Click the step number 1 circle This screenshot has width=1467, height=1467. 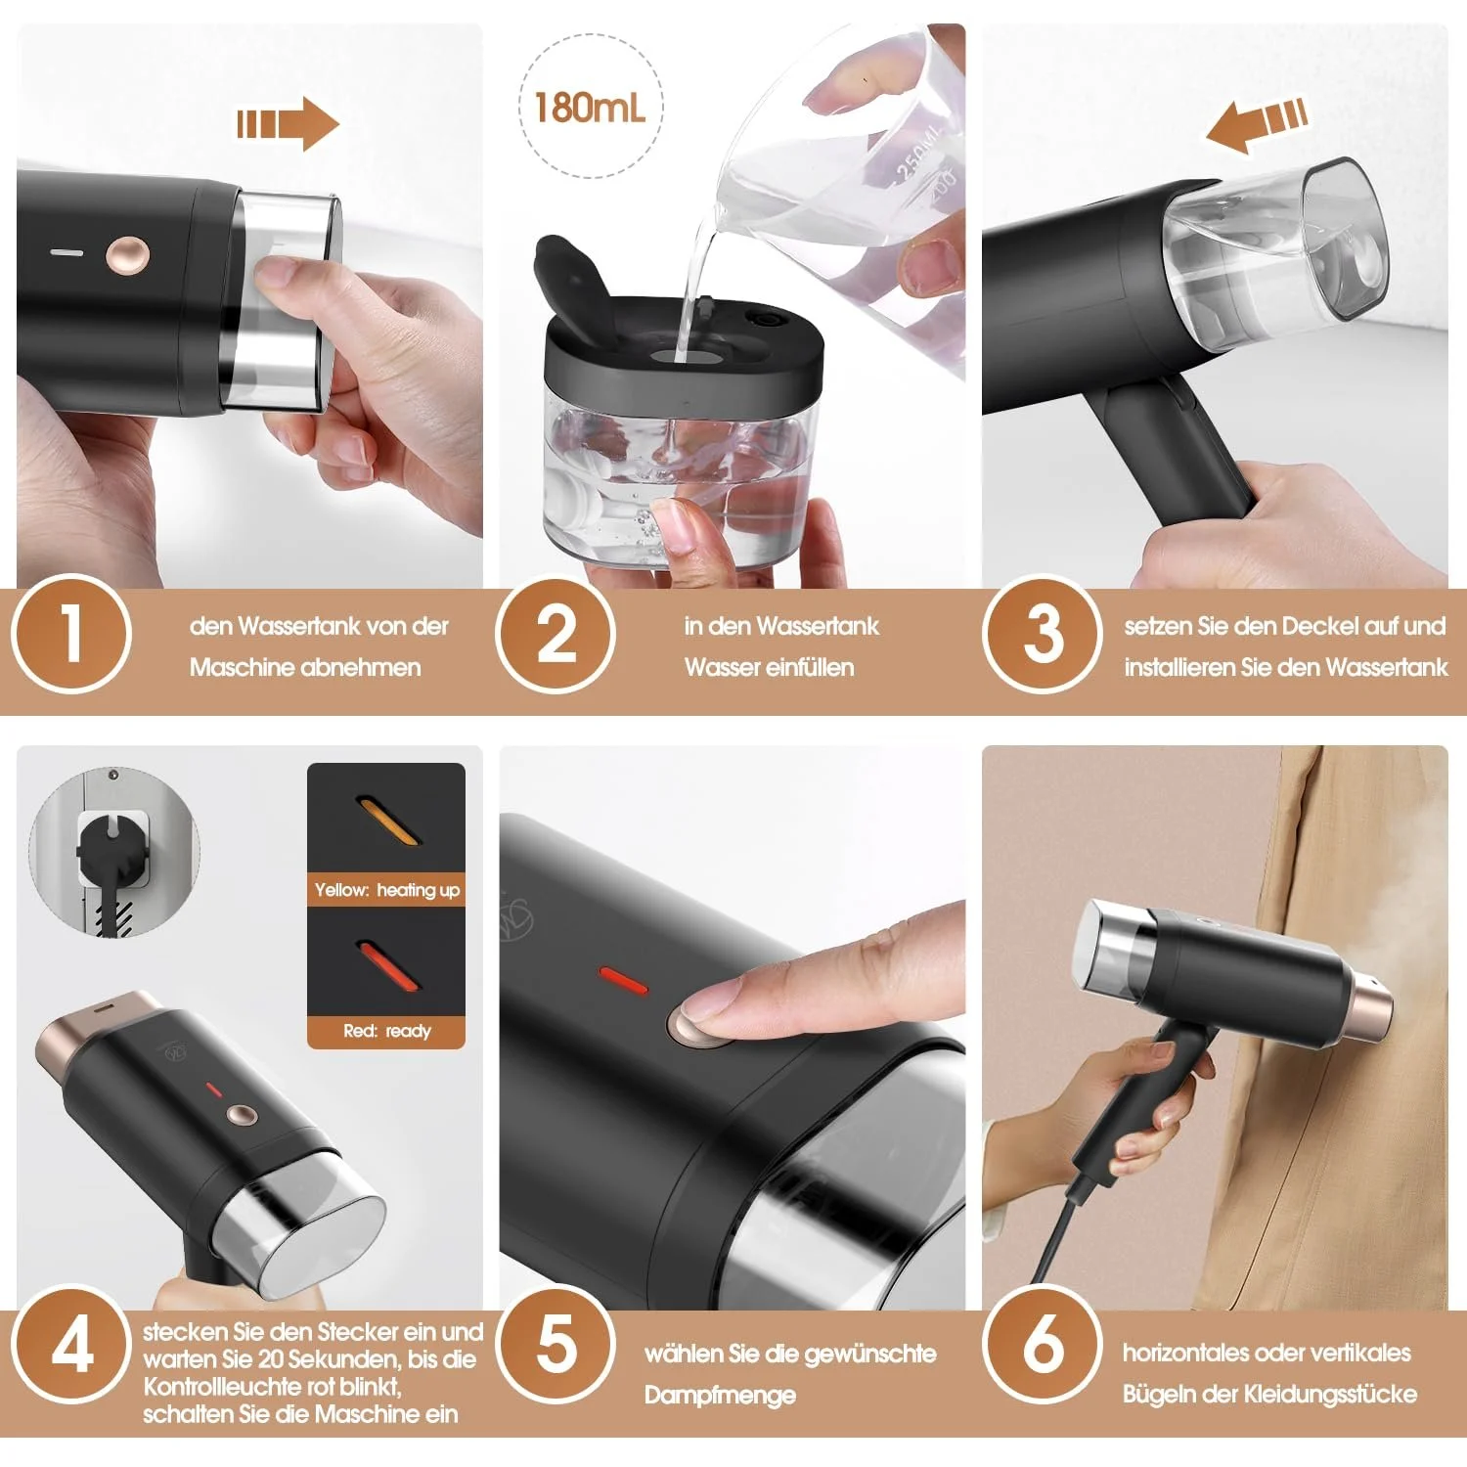point(70,634)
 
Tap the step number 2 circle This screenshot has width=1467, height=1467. point(556,634)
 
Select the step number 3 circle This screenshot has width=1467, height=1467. point(1043,634)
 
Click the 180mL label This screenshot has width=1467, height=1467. point(590,107)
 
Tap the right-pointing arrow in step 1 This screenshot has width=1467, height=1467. point(288,124)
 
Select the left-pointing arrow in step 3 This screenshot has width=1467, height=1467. point(1257,124)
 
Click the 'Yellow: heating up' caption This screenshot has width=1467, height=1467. point(386,890)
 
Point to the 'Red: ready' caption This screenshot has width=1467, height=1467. point(386,1031)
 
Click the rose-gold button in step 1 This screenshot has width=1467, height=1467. point(128,254)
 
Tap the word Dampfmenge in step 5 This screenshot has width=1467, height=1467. point(719,1396)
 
